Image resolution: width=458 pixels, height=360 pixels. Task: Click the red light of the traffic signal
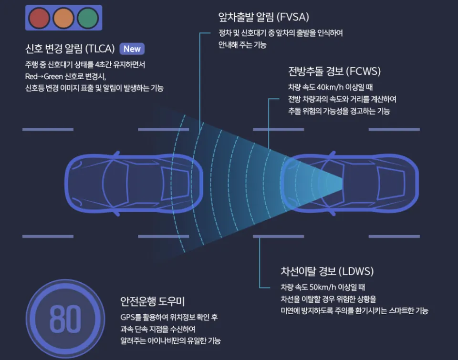click(x=39, y=18)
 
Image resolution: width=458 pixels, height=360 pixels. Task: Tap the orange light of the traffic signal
click(x=63, y=18)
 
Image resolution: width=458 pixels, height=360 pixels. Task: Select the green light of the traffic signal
click(x=88, y=18)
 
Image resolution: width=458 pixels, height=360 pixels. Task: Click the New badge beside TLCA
click(x=132, y=49)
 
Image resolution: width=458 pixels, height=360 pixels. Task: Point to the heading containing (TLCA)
click(x=70, y=49)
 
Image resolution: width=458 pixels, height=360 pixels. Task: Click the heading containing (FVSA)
click(x=263, y=17)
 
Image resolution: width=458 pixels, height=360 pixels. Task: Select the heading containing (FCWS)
click(x=334, y=71)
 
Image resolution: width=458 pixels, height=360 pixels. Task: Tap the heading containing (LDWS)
click(x=327, y=271)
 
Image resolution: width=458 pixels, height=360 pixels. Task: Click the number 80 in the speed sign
click(x=65, y=319)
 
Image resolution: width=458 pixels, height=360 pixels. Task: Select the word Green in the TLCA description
click(x=53, y=76)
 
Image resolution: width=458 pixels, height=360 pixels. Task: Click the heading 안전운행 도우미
click(x=153, y=301)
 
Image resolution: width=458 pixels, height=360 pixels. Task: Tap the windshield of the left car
click(x=115, y=183)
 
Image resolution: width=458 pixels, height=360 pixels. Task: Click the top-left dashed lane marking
click(x=48, y=129)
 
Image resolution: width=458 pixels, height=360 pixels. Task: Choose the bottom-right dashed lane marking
click(x=394, y=236)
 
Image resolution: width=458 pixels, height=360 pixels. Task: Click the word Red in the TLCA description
click(x=31, y=76)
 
